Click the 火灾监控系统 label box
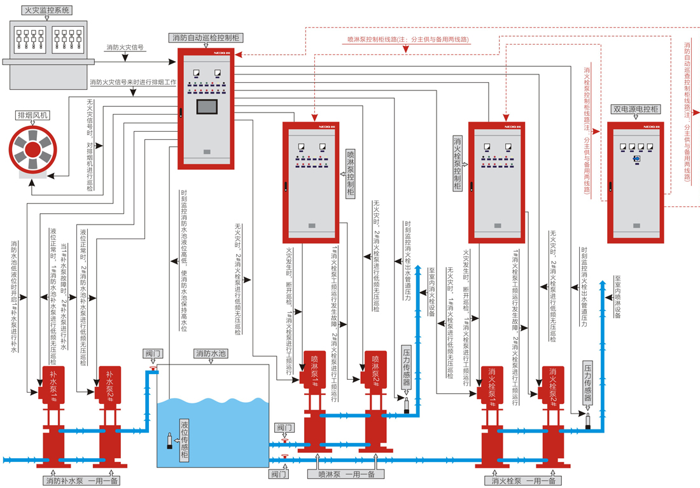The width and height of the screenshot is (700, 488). tap(46, 11)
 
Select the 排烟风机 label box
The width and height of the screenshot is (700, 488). tap(34, 116)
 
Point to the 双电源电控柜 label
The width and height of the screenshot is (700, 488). tap(635, 109)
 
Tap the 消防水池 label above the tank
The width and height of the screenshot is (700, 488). tap(212, 354)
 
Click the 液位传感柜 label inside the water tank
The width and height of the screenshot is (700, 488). tap(185, 440)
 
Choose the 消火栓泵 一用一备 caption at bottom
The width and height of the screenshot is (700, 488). tap(522, 481)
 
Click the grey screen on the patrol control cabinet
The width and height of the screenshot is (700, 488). tap(207, 106)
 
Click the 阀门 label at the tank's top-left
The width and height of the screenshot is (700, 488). tap(153, 353)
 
